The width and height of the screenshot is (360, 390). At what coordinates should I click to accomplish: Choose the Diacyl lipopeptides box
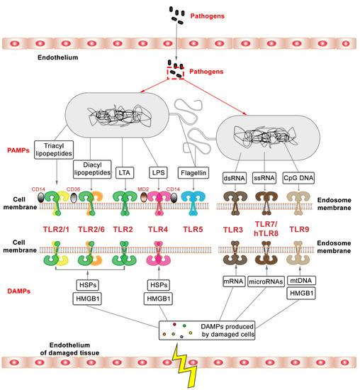click(x=89, y=170)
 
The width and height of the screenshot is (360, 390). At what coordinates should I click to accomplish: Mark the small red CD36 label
click(x=72, y=189)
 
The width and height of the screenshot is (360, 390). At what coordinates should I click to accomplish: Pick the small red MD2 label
click(x=144, y=189)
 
